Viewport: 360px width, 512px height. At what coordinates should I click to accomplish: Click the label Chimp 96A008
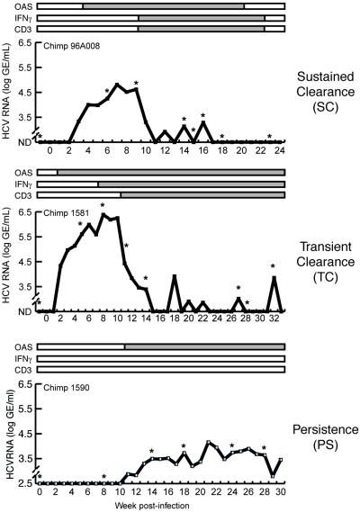(x=73, y=45)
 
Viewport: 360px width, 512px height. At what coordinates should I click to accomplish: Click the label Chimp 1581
(x=67, y=214)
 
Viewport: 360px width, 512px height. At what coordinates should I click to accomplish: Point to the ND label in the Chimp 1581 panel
(x=26, y=311)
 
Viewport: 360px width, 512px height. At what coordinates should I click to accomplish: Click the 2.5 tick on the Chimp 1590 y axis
(x=25, y=483)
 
